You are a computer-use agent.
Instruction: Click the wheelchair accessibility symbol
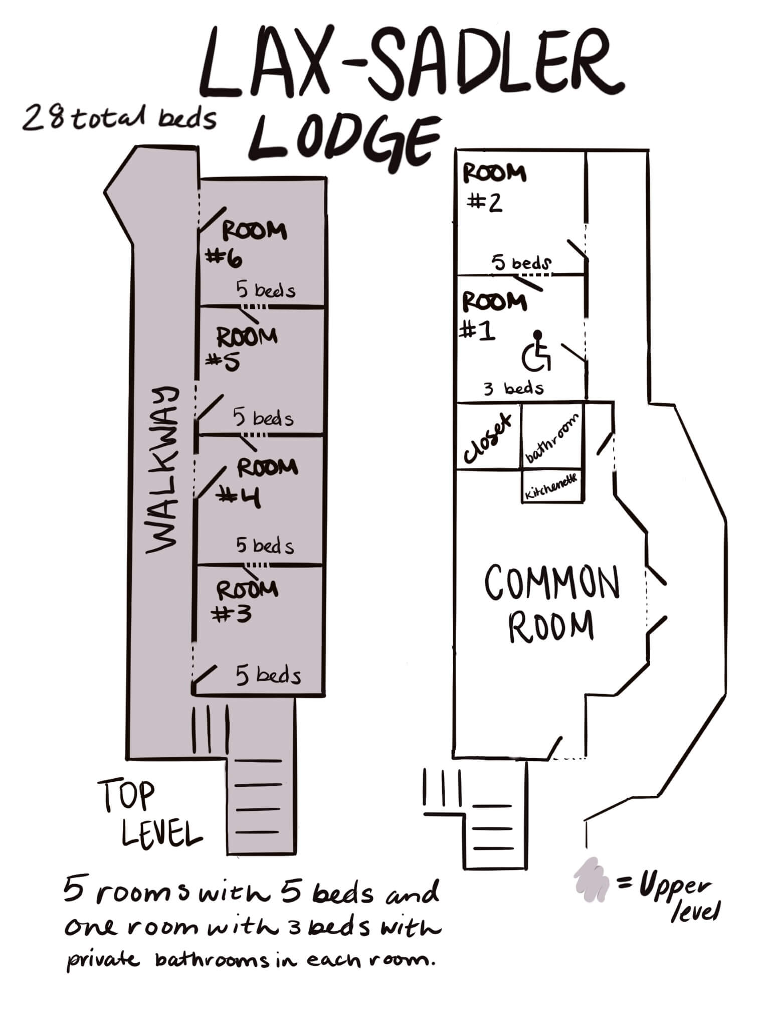pos(537,352)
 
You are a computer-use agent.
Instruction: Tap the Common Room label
pos(551,604)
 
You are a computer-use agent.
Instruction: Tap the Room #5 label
pos(244,348)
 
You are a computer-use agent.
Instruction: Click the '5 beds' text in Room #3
pos(268,676)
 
